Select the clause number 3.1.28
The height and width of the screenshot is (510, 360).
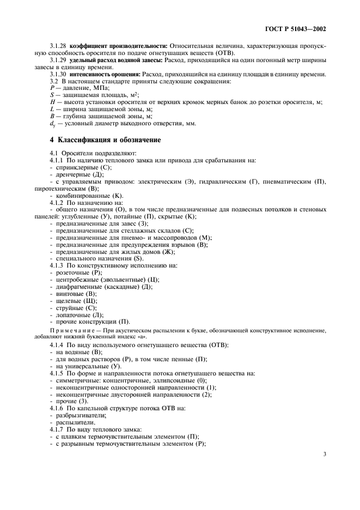pyautogui.click(x=58, y=45)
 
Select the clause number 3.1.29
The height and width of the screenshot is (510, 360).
pyautogui.click(x=58, y=60)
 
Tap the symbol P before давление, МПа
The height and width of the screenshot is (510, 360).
pyautogui.click(x=51, y=88)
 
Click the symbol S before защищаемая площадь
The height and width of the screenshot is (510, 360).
pyautogui.click(x=51, y=95)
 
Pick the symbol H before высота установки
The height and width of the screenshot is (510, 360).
pyautogui.click(x=51, y=102)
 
